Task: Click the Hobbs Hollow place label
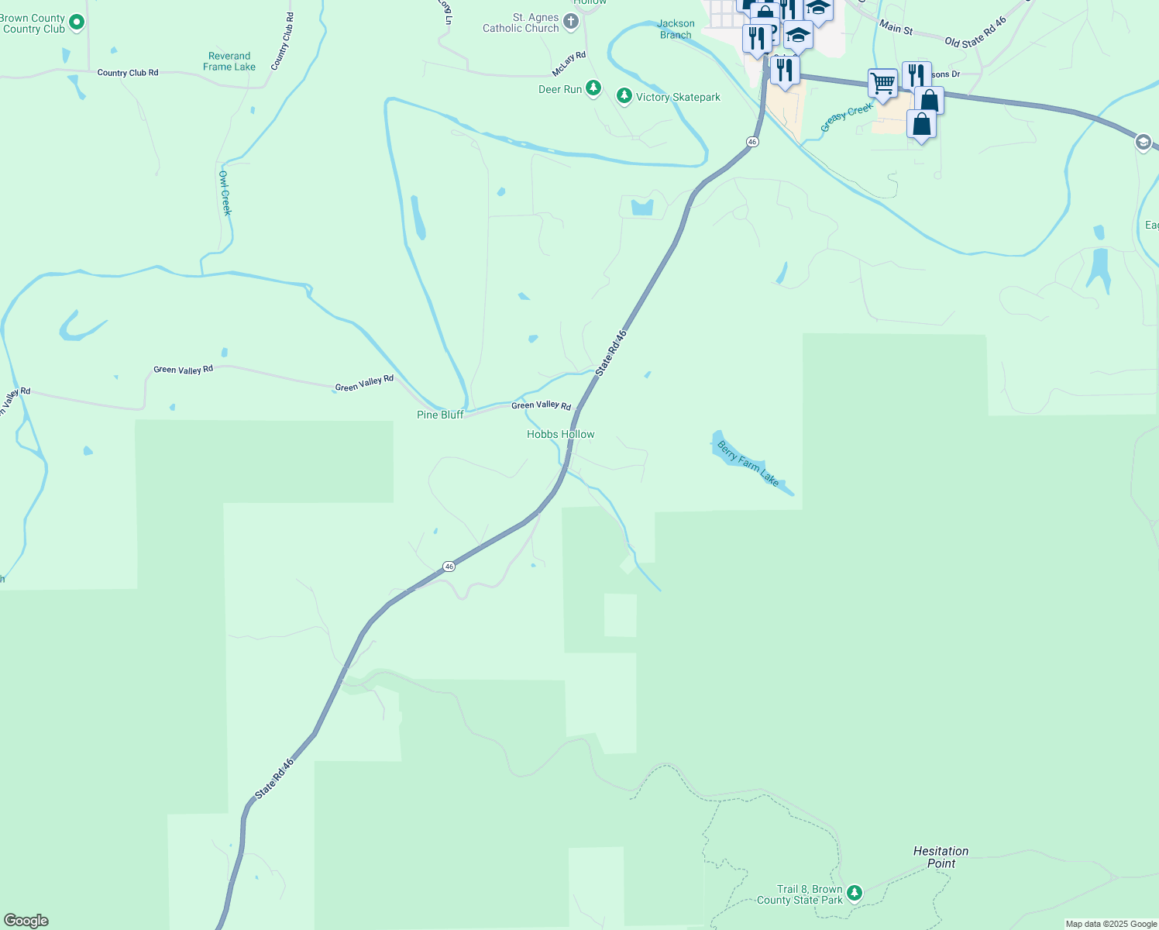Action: [560, 435]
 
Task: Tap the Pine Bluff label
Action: [440, 415]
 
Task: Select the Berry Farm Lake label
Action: [748, 463]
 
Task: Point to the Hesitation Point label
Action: [941, 857]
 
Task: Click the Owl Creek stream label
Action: [225, 193]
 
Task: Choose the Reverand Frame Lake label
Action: [229, 61]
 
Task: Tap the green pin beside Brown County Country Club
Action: [77, 22]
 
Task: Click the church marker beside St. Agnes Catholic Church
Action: [572, 22]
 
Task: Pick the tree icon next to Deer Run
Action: [593, 88]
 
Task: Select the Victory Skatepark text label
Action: [678, 97]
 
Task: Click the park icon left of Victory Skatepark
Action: [624, 96]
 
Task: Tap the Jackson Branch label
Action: [676, 29]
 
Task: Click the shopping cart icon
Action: [882, 83]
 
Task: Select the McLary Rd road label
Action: [569, 64]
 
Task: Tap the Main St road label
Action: [896, 27]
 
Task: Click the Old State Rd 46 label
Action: [975, 33]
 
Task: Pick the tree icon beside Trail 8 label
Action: [855, 894]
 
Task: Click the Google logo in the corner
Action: [26, 920]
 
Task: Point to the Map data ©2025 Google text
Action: [1111, 924]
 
